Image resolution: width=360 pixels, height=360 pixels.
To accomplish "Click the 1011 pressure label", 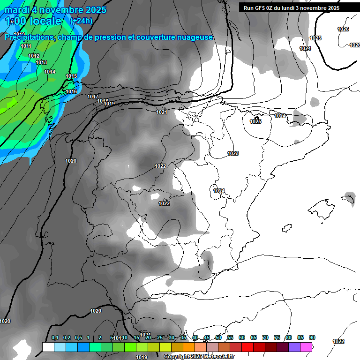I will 26,46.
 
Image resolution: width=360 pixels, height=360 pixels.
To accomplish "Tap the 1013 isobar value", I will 41,62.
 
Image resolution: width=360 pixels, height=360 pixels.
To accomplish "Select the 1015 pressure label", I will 71,76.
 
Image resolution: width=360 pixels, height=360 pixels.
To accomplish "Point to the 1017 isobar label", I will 93,97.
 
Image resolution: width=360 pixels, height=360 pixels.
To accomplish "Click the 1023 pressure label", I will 233,153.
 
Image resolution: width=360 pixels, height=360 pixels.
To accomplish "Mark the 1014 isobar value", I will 50,72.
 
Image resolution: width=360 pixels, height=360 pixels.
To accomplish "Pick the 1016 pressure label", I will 71,91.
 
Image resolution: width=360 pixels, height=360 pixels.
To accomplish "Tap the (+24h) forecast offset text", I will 81,21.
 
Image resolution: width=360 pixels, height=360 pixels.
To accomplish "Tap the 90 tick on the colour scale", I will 312,337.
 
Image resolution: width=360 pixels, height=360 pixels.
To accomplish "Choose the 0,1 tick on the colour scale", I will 54,337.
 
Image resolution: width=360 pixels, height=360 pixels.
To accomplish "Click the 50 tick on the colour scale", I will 218,337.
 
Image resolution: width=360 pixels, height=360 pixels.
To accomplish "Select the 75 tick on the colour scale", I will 277,337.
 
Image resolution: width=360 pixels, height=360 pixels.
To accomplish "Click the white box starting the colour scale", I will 48,347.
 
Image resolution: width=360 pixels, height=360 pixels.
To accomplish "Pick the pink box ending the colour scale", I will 306,347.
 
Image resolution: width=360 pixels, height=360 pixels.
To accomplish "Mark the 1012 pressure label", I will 34,56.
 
